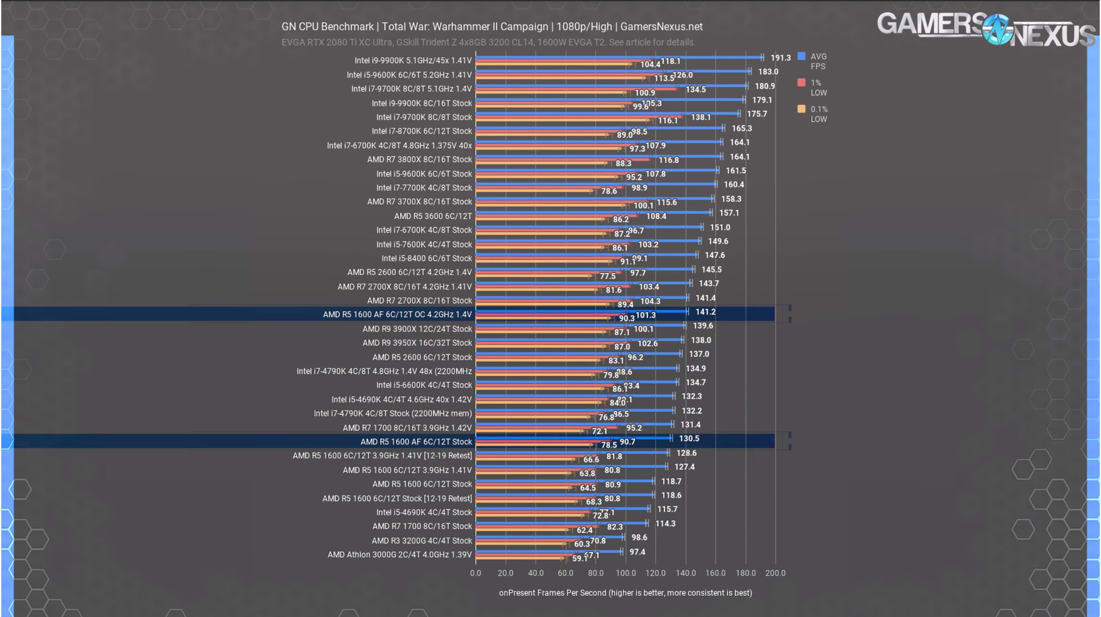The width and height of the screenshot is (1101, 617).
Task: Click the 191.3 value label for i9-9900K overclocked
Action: [780, 57]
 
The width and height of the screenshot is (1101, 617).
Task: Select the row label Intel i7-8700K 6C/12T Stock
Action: [421, 131]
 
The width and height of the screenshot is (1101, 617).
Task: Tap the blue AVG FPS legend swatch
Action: [802, 56]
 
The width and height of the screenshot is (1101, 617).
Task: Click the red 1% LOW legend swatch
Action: [802, 82]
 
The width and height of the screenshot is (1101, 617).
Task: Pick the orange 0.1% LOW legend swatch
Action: [802, 109]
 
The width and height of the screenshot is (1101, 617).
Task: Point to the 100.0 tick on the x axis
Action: [625, 573]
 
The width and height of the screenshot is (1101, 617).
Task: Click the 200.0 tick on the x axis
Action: [775, 573]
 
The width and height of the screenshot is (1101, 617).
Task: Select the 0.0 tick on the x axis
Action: [475, 573]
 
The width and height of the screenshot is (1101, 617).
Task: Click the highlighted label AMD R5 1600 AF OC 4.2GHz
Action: [397, 315]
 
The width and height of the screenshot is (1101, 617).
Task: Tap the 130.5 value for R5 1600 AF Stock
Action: [689, 439]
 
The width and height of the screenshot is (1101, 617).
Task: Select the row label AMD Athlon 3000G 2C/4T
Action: [399, 555]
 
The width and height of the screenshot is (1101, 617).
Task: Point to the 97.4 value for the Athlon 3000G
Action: [637, 552]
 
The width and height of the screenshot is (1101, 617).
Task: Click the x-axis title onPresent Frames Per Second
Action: [625, 593]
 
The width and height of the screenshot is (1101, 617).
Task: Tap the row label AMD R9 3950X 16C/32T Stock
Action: [417, 343]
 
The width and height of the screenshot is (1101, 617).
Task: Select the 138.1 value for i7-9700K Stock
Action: [701, 117]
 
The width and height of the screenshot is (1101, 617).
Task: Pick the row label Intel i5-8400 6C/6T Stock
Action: [426, 258]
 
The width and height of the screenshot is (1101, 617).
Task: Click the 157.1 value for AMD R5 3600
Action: [729, 213]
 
